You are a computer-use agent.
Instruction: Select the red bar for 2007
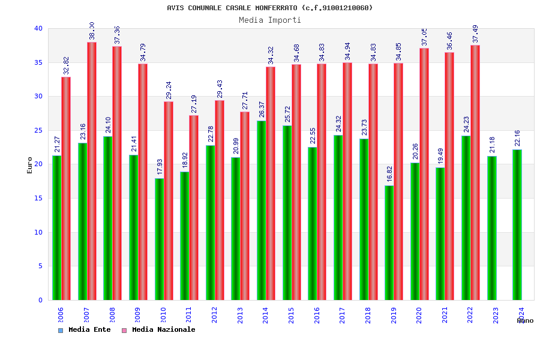click(92, 171)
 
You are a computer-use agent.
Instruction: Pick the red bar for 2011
click(194, 208)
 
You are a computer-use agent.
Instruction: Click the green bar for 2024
click(517, 224)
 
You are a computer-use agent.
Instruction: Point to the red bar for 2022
click(475, 172)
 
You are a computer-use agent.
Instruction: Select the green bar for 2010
click(160, 239)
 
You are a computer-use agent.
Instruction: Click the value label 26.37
click(260, 109)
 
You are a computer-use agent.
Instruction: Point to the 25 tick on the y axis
click(38, 130)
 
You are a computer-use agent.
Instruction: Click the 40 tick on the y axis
click(38, 28)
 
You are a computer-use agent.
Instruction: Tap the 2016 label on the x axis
click(317, 316)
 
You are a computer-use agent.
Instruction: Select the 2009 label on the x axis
click(137, 316)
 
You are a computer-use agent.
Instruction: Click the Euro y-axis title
click(30, 165)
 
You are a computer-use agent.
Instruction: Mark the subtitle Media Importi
click(270, 20)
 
